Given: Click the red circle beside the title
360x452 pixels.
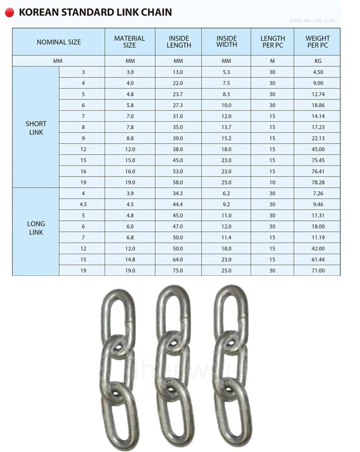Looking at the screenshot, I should click(10, 12).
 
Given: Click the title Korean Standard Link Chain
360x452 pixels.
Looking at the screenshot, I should click(95, 12).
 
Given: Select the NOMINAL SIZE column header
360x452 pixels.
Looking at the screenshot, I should click(59, 42).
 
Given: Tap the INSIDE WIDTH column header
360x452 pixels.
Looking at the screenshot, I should click(226, 42).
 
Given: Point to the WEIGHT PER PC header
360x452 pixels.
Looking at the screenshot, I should click(318, 42).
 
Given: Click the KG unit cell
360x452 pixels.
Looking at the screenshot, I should click(318, 61).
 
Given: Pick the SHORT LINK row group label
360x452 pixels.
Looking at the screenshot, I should click(36, 128).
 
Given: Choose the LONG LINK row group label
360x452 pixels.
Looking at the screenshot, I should click(36, 228).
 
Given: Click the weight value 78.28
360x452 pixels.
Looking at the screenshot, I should click(318, 183).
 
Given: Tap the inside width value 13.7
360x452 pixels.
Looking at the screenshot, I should click(226, 127).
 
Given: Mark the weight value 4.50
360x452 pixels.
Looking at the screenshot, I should click(318, 72).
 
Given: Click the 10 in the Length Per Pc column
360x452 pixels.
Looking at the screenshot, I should click(272, 183).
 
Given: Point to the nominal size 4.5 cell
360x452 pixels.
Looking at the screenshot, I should click(83, 204).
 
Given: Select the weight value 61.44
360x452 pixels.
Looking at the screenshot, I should click(318, 259).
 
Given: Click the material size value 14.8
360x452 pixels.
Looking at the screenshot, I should click(130, 259).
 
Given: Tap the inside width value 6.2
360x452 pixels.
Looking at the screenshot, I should click(226, 193).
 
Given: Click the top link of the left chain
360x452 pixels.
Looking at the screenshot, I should click(117, 313).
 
